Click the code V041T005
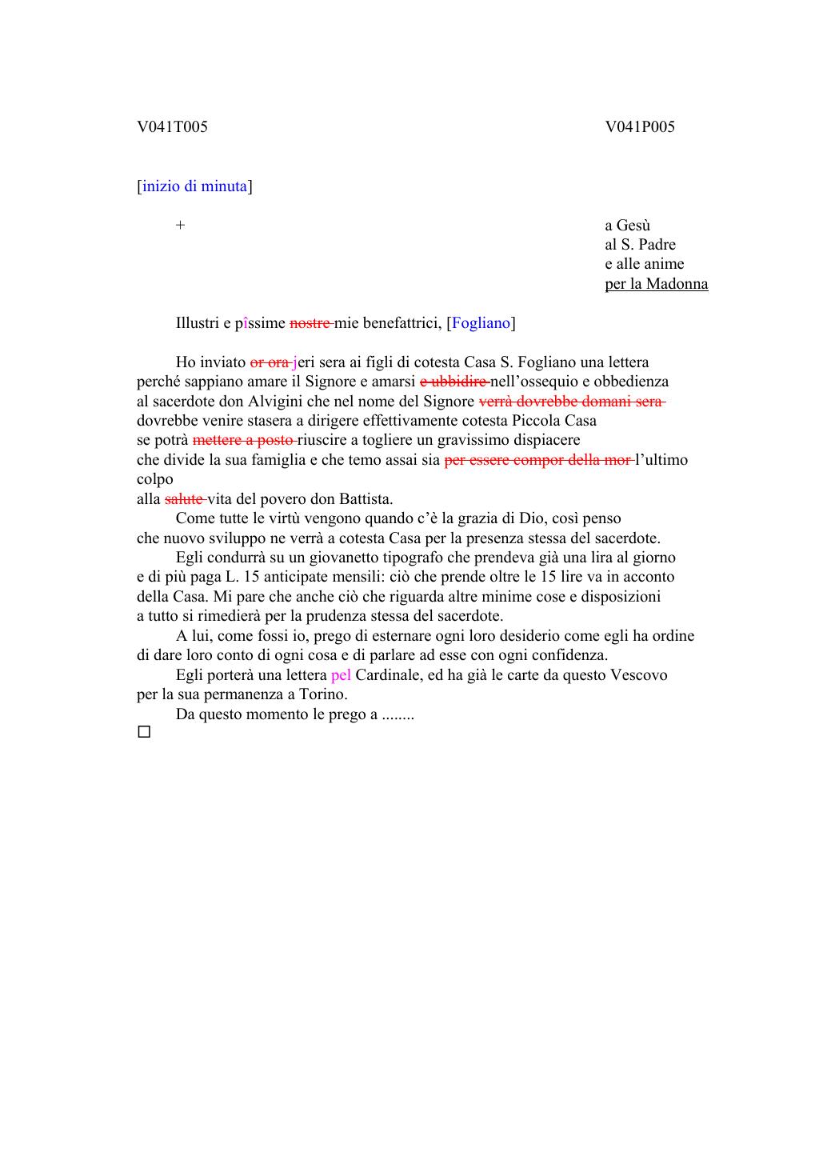pyautogui.click(x=172, y=127)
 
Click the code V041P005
pyautogui.click(x=640, y=127)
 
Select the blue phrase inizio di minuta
pyautogui.click(x=194, y=186)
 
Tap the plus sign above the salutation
pyautogui.click(x=181, y=226)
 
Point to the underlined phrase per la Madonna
pyautogui.click(x=656, y=284)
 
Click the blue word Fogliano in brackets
pyautogui.click(x=481, y=323)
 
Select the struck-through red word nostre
pyautogui.click(x=309, y=323)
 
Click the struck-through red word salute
pyautogui.click(x=183, y=499)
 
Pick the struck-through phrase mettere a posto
pyautogui.click(x=243, y=440)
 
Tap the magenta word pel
pyautogui.click(x=341, y=675)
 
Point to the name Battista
pyautogui.click(x=366, y=499)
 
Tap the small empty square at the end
pyautogui.click(x=144, y=732)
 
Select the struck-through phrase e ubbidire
pyautogui.click(x=453, y=382)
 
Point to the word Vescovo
pyautogui.click(x=639, y=675)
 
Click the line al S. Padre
pyautogui.click(x=640, y=245)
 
